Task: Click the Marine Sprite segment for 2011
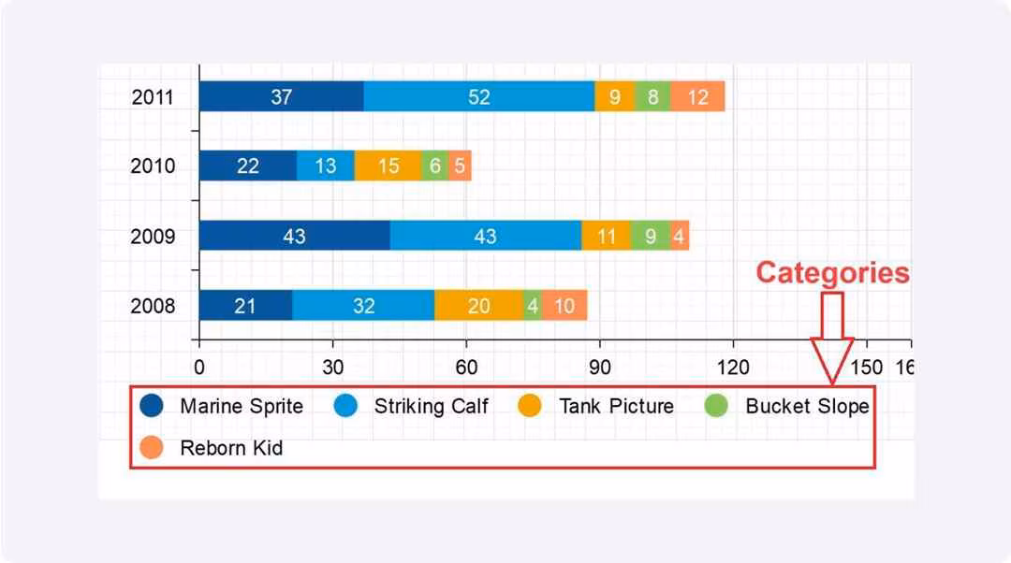pos(281,96)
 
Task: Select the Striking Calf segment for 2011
pos(478,96)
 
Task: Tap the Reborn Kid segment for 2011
pos(697,96)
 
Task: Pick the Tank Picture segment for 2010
pos(388,166)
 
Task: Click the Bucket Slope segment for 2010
pos(434,166)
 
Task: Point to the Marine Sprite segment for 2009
pos(294,236)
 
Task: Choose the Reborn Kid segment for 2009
pos(680,236)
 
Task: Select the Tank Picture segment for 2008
pos(478,306)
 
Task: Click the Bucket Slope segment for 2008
pos(532,306)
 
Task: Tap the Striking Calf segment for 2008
pos(363,306)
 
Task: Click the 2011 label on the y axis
pos(153,96)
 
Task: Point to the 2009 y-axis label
pos(153,236)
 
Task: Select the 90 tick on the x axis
pos(600,367)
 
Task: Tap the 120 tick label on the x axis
pos(733,367)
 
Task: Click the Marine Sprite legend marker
pos(151,406)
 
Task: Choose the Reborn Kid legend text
pos(231,448)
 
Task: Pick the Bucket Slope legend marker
pos(716,406)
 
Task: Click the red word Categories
pos(832,272)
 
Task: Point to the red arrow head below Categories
pos(831,360)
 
